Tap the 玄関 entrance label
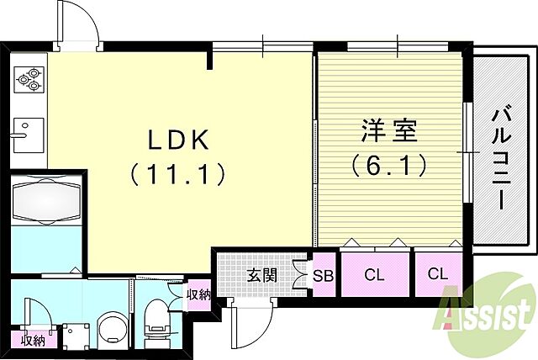point(259,273)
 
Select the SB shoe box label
point(324,274)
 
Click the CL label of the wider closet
point(375,274)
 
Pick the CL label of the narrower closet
point(437,274)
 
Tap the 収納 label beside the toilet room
point(198,294)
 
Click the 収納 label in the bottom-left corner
point(33,341)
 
